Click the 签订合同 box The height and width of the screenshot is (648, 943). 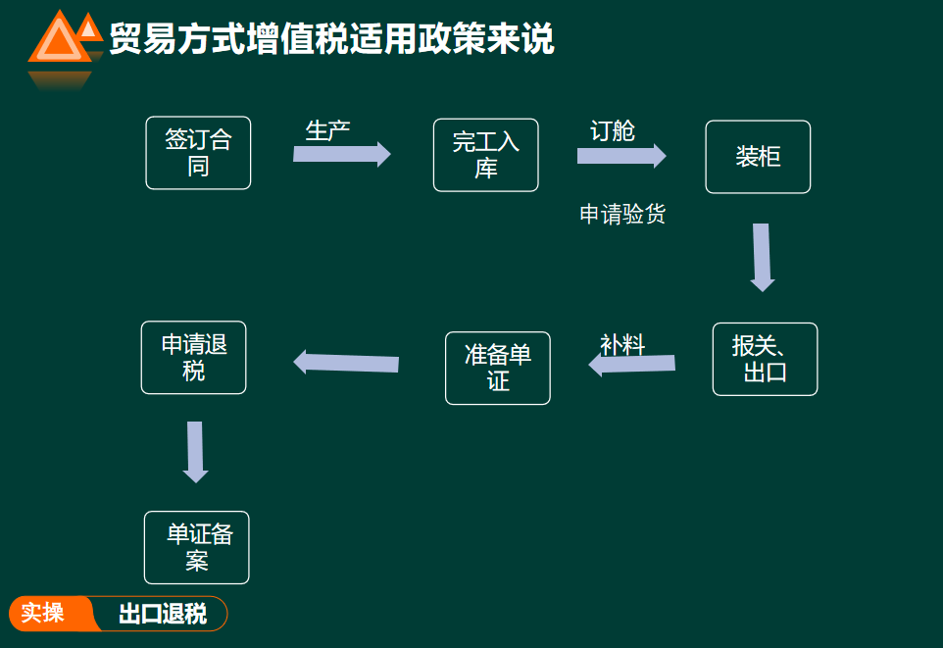click(x=198, y=153)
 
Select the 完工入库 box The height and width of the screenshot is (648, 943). click(x=486, y=156)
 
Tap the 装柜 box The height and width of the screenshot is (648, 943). click(x=758, y=157)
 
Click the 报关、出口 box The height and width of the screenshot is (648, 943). click(x=765, y=359)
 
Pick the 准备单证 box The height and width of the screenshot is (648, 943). click(x=498, y=368)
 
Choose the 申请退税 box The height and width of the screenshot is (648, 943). click(x=194, y=358)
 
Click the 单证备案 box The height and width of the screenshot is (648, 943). click(x=197, y=547)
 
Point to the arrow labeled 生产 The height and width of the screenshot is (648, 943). click(x=341, y=154)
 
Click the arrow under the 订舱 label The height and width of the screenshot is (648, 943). click(x=620, y=156)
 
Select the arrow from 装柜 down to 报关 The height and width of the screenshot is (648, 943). click(x=762, y=257)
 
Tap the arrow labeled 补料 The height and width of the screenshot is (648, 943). click(x=632, y=364)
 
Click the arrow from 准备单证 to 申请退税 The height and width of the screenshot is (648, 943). click(x=346, y=363)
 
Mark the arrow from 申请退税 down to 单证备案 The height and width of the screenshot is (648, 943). click(x=195, y=451)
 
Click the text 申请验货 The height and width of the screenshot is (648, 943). click(x=622, y=215)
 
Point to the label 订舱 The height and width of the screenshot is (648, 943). click(x=613, y=131)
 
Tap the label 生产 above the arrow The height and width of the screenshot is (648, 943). click(x=327, y=130)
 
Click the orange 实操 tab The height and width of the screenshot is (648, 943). click(x=45, y=614)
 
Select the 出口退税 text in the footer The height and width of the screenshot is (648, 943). click(x=163, y=615)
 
